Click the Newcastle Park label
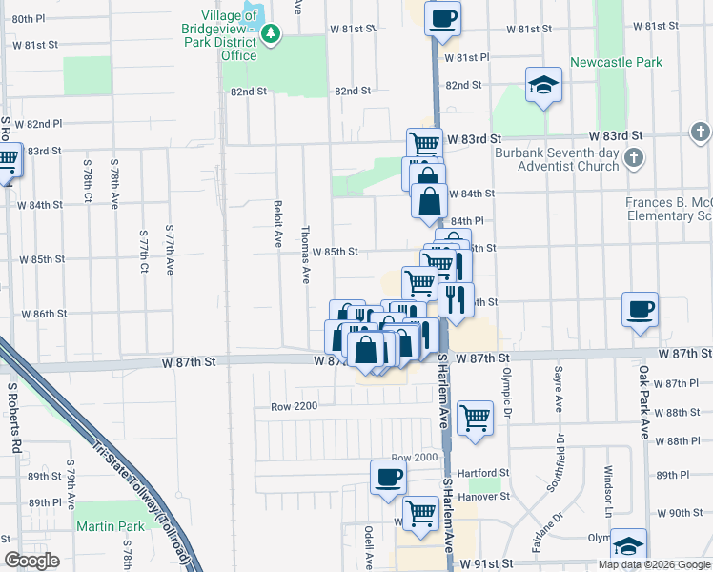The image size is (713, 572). click(616, 63)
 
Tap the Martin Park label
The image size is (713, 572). click(110, 526)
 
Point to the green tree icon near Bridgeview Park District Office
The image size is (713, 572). click(273, 35)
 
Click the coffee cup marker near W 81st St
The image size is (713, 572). click(442, 19)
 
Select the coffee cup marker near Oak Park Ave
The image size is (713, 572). click(640, 309)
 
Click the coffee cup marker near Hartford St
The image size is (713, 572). click(388, 477)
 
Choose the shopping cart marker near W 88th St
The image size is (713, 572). click(475, 416)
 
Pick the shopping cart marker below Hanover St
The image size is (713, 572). click(419, 512)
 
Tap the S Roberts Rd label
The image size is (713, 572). click(13, 419)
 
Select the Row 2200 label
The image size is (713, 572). click(293, 406)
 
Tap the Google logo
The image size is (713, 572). click(32, 561)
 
